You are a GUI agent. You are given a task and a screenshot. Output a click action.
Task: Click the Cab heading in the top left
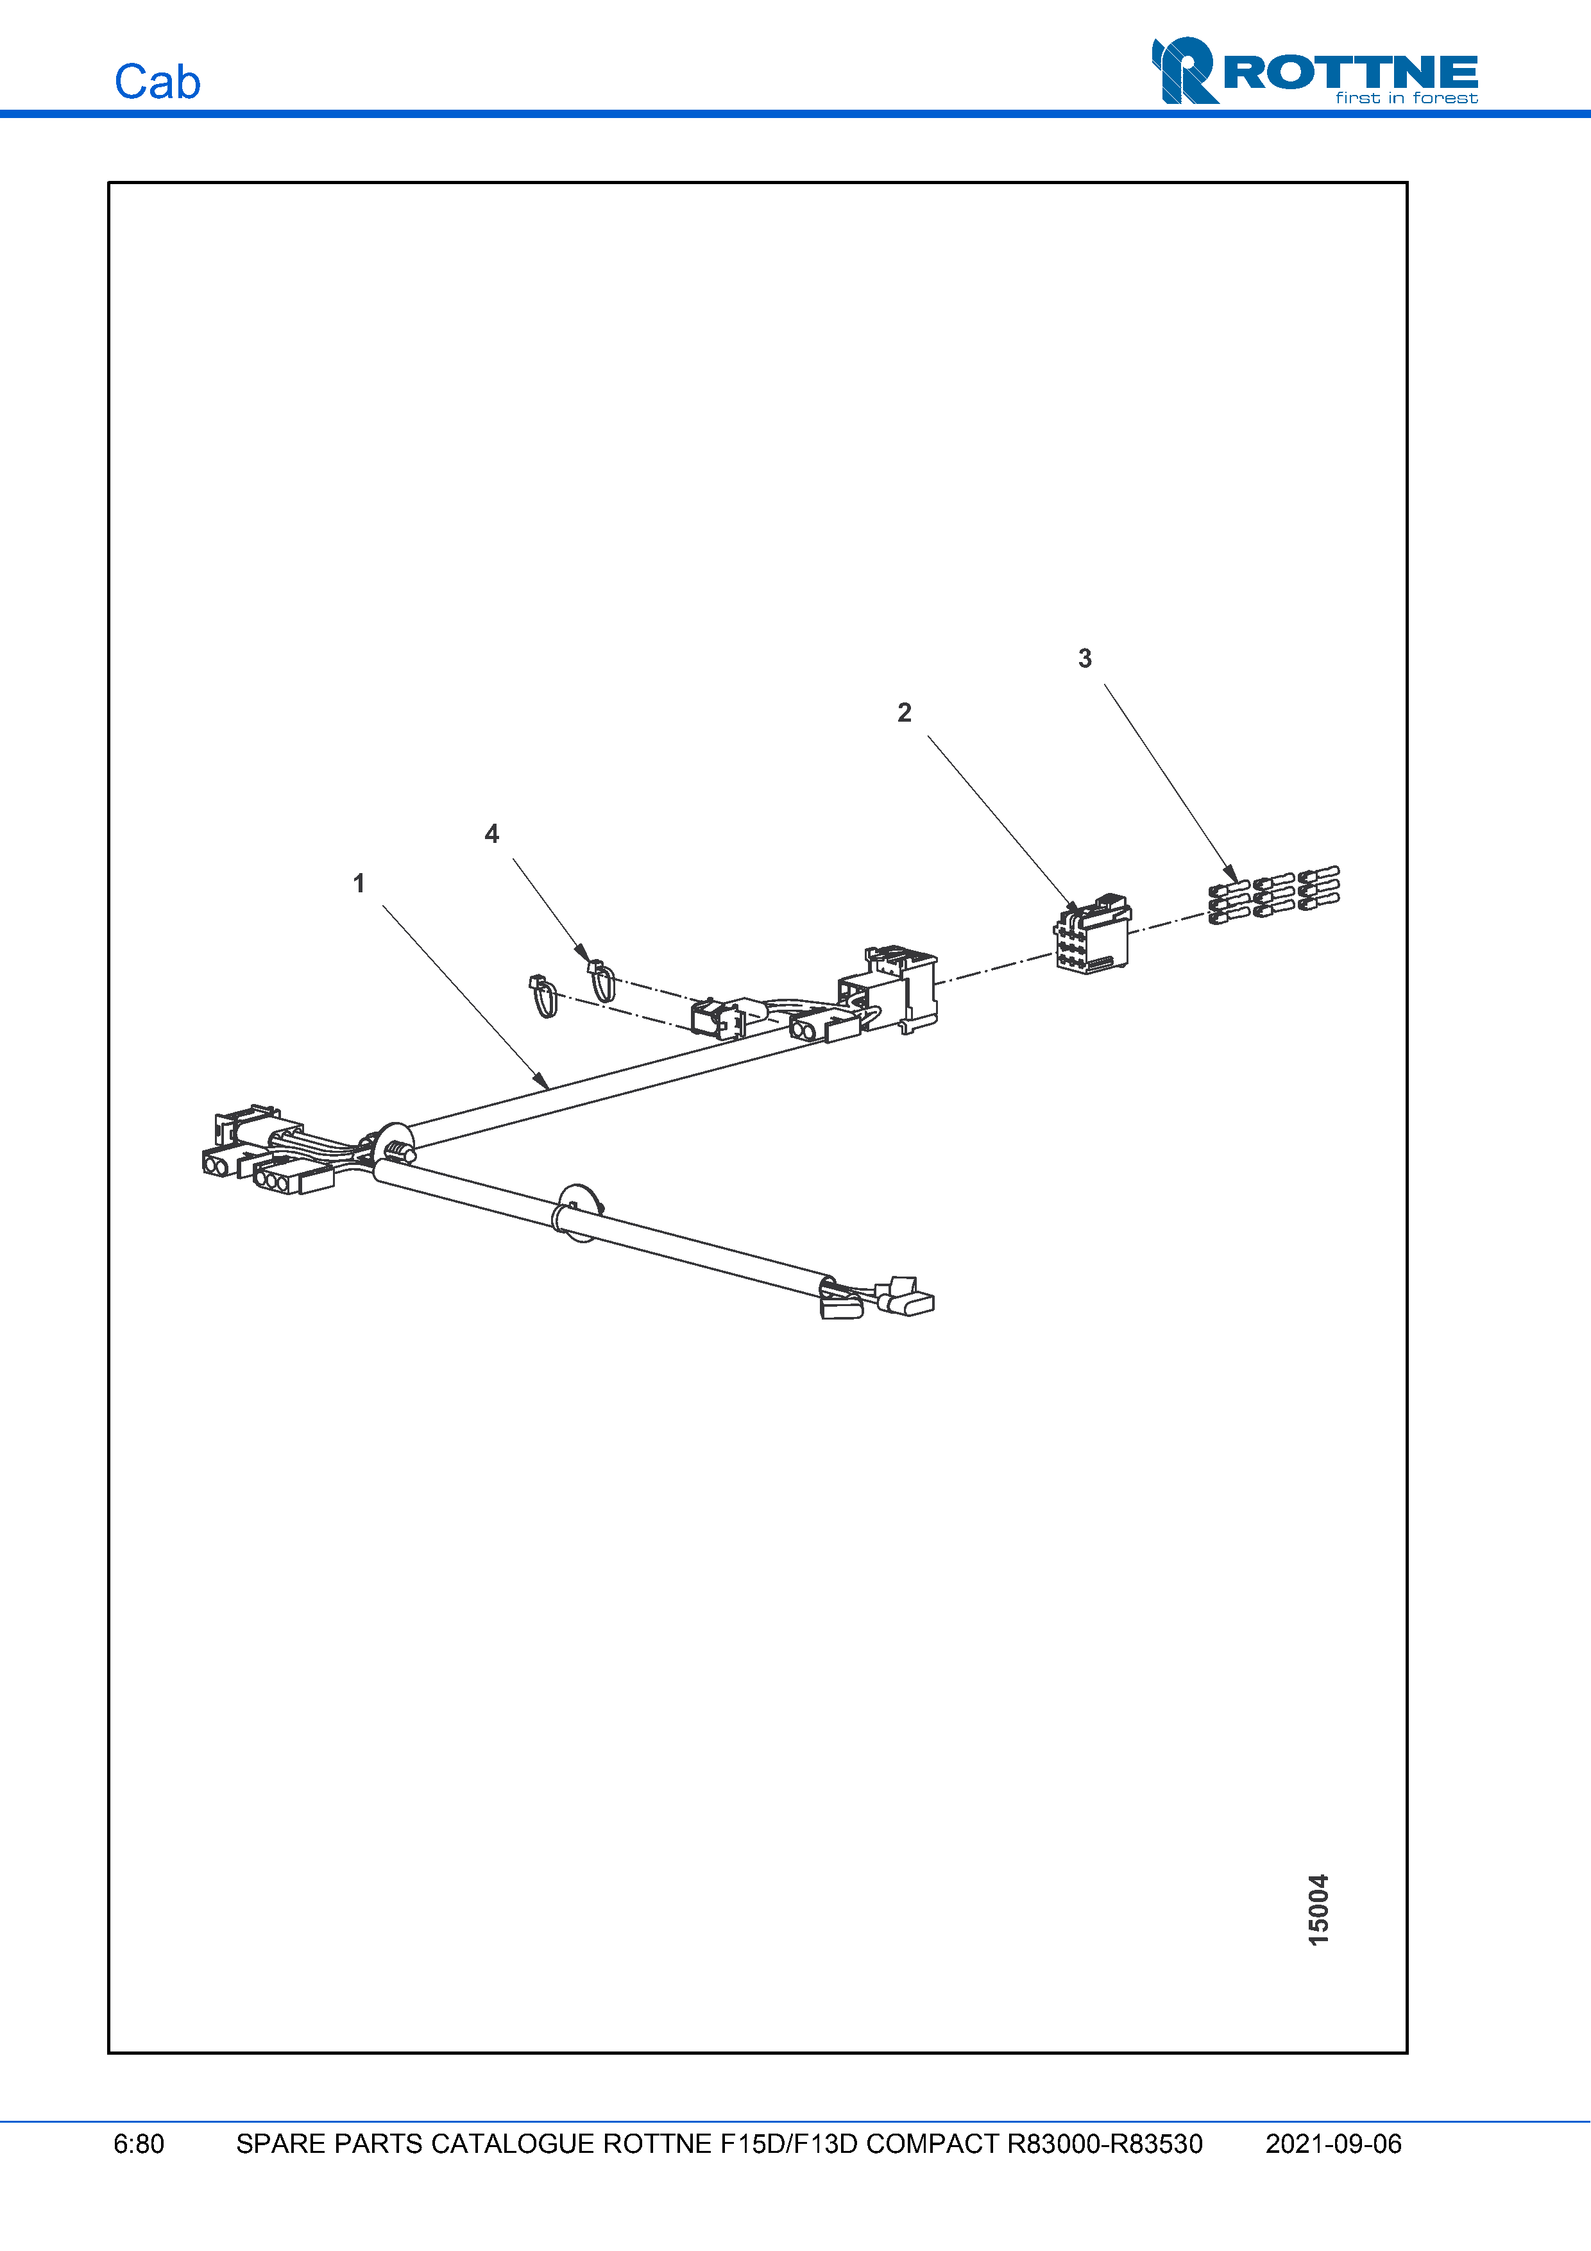(157, 82)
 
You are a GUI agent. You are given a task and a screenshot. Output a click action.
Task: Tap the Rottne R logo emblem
(1184, 71)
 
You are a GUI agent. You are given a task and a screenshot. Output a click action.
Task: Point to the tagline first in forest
(1406, 98)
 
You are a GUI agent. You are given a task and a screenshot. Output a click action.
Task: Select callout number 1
(359, 883)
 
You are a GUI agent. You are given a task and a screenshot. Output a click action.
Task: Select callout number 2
(904, 713)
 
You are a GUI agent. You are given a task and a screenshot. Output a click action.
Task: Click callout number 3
(1084, 659)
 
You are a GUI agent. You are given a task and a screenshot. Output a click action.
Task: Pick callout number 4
(492, 835)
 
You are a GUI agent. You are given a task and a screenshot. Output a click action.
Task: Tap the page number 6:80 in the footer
(138, 2144)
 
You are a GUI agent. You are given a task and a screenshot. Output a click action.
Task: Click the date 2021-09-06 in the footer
(1332, 2144)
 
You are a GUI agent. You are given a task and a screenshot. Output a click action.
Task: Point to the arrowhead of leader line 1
(542, 1082)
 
